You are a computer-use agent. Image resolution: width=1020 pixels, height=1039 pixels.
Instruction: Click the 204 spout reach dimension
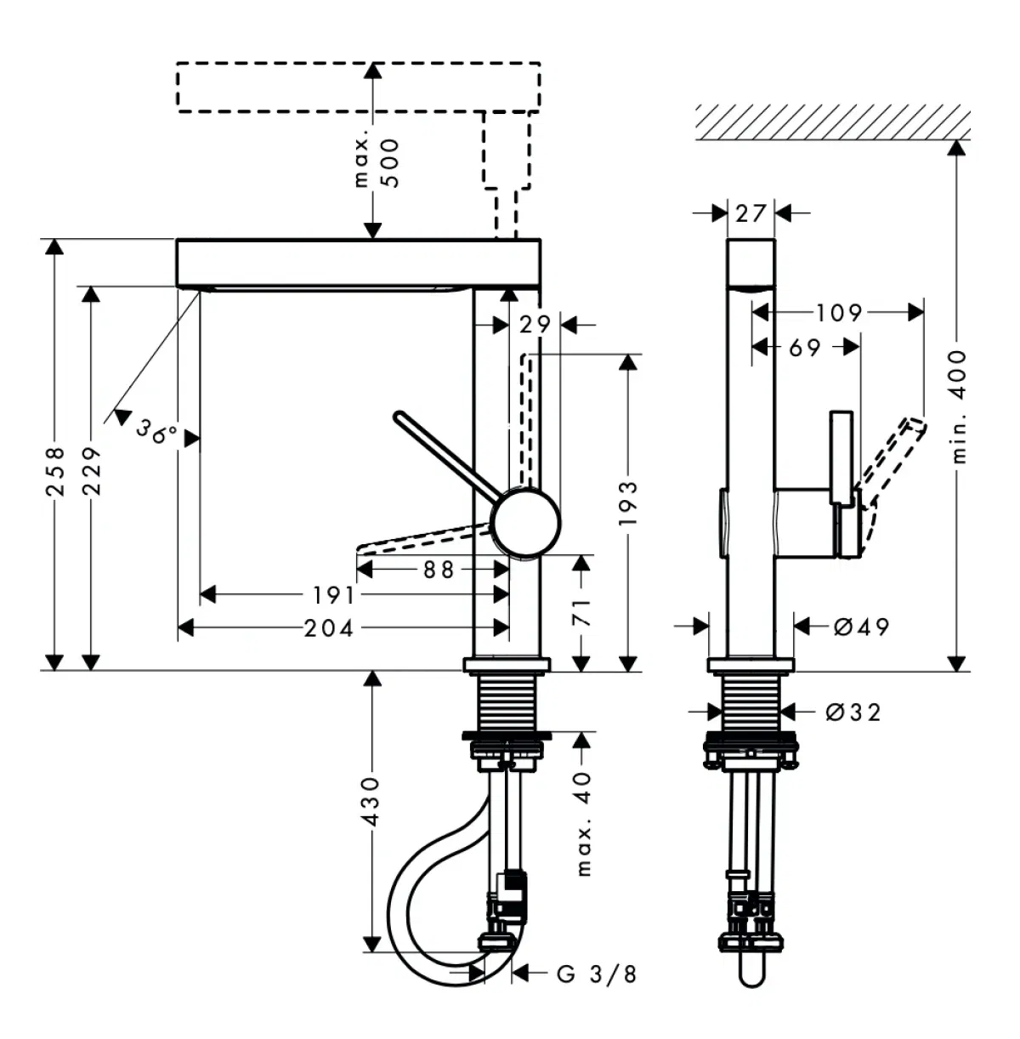329,628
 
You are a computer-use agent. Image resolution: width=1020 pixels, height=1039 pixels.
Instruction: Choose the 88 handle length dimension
439,570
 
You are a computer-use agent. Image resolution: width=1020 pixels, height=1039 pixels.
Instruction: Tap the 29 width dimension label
535,324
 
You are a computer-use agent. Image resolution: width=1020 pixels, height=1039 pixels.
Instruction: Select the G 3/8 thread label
596,974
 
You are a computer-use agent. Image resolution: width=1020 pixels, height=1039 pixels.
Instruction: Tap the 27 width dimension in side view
751,213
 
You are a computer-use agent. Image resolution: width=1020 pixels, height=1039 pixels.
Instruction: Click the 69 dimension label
804,347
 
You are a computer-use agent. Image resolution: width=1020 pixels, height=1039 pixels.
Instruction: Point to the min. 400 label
958,406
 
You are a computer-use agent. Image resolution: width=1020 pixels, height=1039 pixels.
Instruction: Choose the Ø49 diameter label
861,627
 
